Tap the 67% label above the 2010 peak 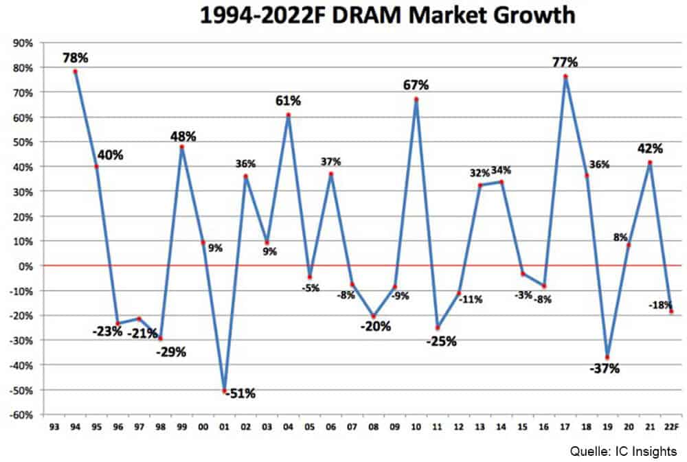point(416,85)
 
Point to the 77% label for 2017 point(565,62)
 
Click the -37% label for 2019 point(605,369)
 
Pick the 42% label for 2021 point(650,148)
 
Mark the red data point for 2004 point(289,115)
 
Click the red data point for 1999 point(182,146)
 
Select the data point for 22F point(671,311)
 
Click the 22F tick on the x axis point(672,426)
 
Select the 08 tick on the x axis point(373,426)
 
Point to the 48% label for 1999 point(183,136)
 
